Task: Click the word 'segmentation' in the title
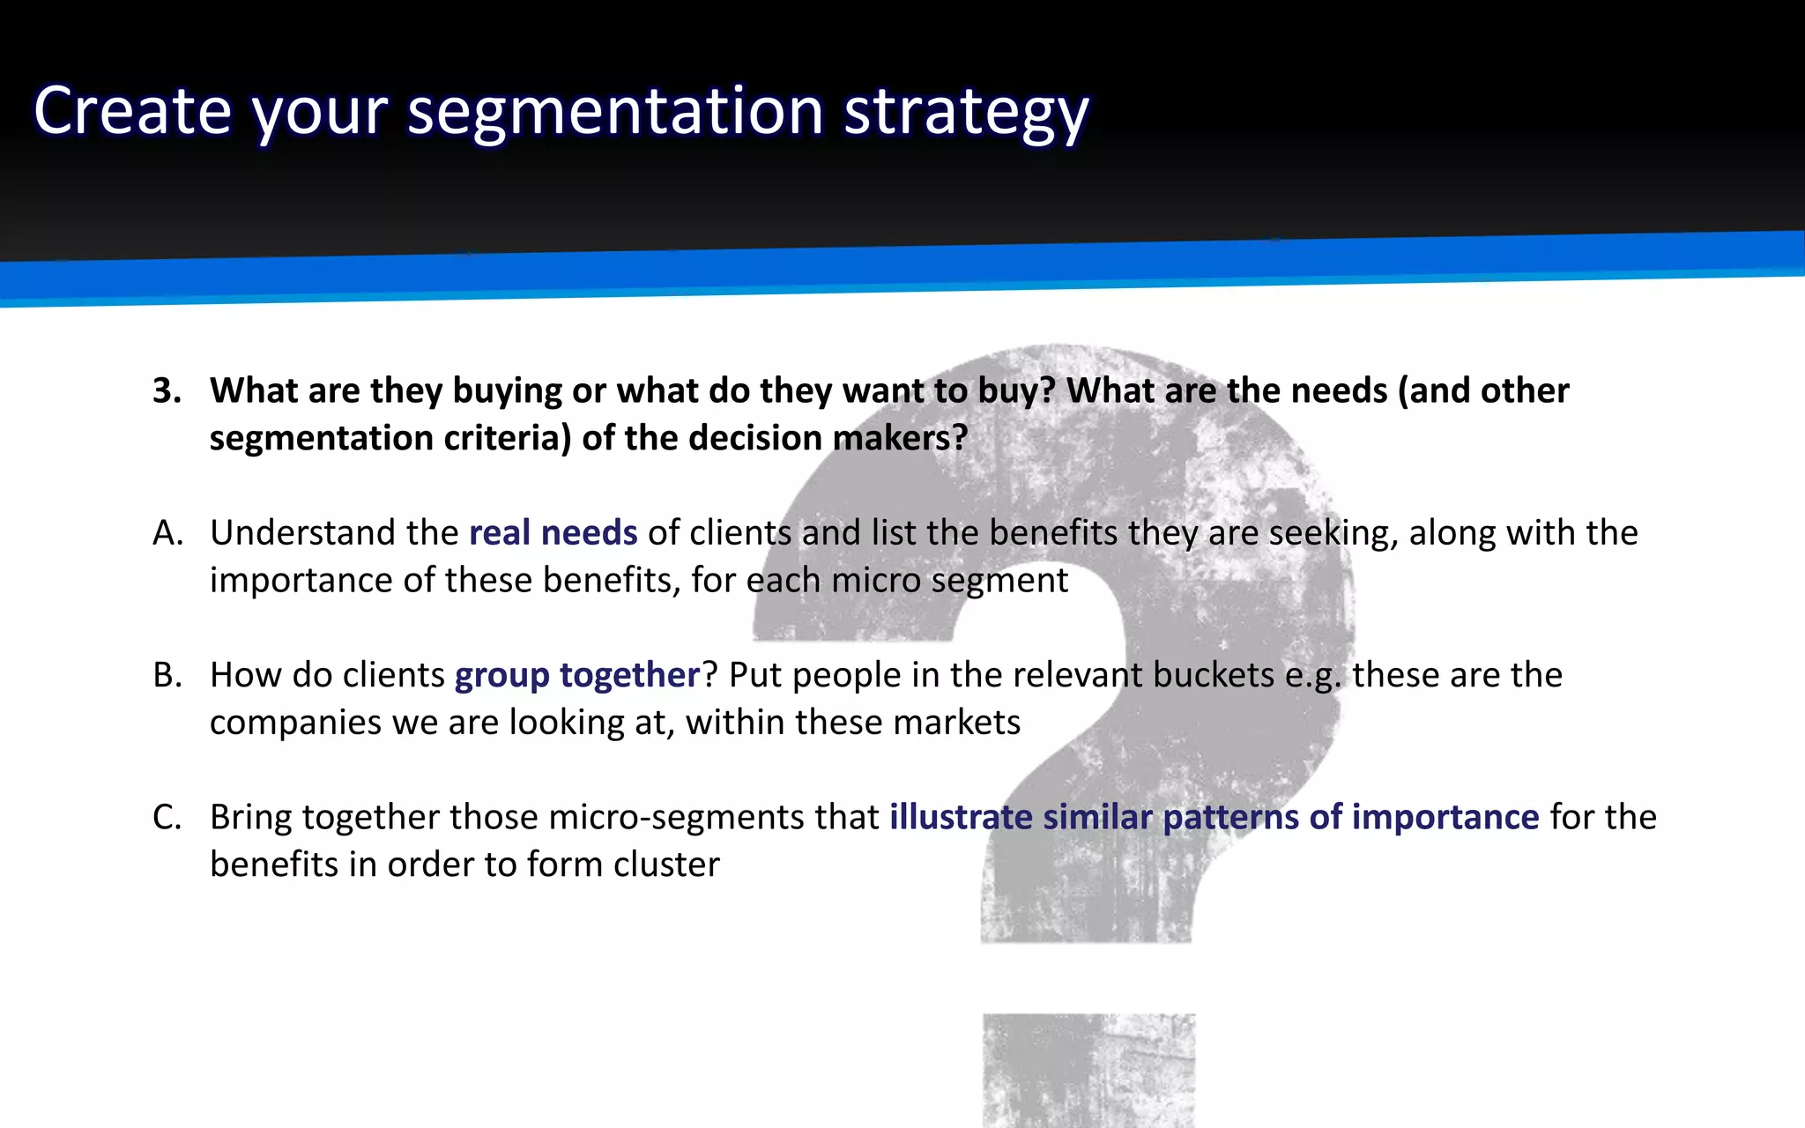pyautogui.click(x=615, y=111)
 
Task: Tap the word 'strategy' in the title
pyautogui.click(x=966, y=111)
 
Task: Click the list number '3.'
pyautogui.click(x=167, y=390)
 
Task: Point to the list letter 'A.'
pyautogui.click(x=167, y=533)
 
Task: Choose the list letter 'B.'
pyautogui.click(x=167, y=675)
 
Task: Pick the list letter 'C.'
pyautogui.click(x=167, y=817)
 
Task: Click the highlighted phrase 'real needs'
pyautogui.click(x=553, y=533)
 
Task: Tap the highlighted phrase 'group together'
pyautogui.click(x=577, y=675)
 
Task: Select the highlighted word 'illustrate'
pyautogui.click(x=961, y=817)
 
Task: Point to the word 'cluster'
pyautogui.click(x=666, y=865)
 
